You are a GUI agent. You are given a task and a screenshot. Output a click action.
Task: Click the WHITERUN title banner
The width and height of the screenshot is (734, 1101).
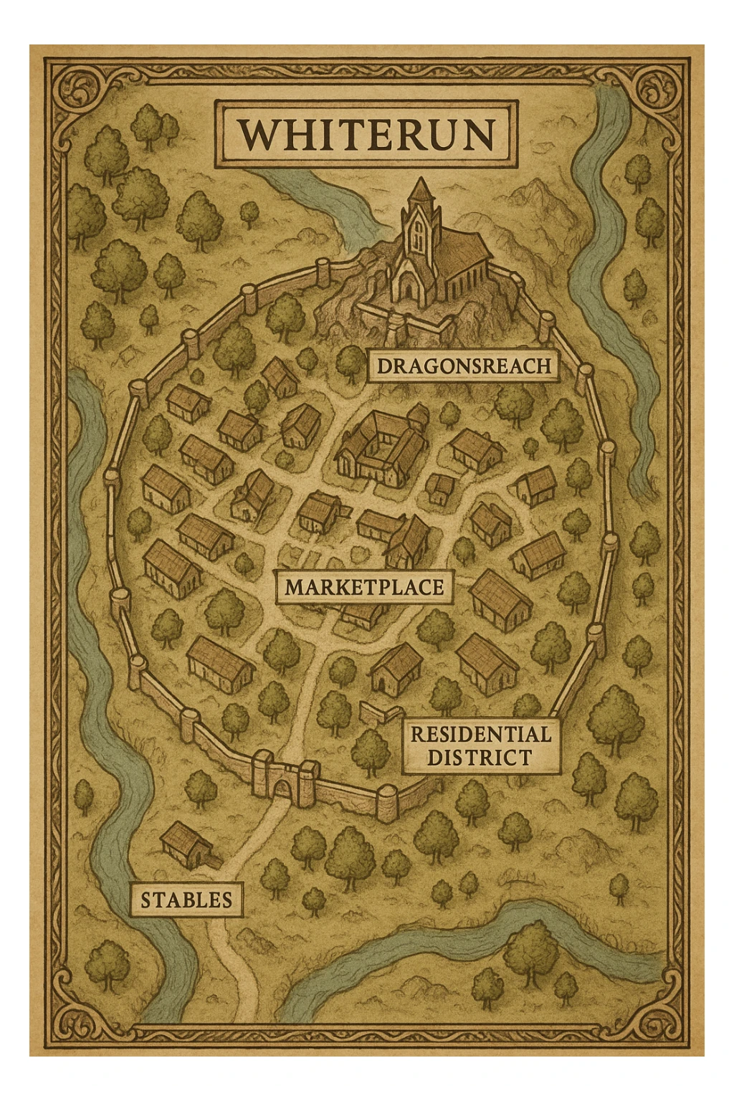(x=366, y=135)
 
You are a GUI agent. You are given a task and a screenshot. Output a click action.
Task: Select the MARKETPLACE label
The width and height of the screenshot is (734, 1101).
(x=364, y=587)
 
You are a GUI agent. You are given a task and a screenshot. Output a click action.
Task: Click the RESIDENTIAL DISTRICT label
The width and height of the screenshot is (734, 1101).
(x=480, y=746)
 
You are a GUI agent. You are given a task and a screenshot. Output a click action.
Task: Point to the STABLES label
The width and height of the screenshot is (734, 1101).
(x=186, y=900)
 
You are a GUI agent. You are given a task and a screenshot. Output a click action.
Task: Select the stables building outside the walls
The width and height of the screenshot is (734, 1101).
(x=185, y=846)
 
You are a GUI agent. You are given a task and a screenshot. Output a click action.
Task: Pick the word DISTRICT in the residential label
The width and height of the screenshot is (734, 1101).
(x=480, y=758)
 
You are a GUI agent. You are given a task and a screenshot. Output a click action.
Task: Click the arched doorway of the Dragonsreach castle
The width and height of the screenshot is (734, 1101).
(x=407, y=287)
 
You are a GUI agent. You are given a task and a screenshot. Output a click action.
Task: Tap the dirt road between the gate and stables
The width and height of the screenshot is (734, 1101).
(x=254, y=839)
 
